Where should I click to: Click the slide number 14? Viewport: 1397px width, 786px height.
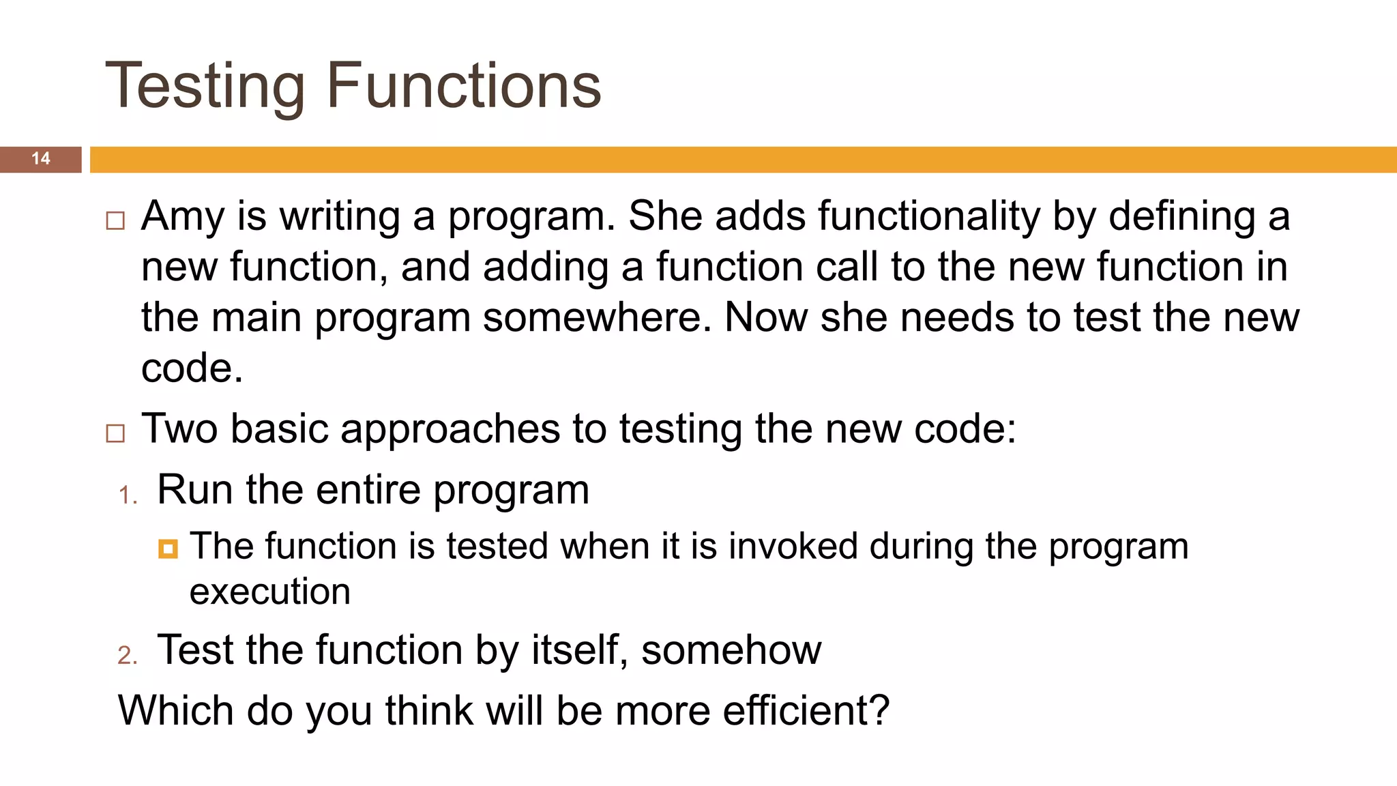(41, 158)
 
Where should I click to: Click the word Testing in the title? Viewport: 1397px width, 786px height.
(205, 87)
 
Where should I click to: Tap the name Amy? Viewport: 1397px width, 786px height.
(182, 217)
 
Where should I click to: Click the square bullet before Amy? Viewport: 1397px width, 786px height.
(115, 220)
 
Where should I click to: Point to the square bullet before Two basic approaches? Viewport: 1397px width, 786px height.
(115, 433)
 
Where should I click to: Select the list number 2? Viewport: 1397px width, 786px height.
(127, 655)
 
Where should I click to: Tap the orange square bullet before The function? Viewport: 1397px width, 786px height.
(168, 549)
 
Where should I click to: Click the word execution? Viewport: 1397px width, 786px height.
(270, 592)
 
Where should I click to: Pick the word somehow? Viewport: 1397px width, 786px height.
(731, 650)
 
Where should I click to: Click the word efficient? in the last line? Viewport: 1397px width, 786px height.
(806, 710)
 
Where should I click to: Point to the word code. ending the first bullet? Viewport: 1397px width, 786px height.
(192, 369)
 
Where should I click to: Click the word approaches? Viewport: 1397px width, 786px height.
(450, 430)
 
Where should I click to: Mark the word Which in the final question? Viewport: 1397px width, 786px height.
(176, 710)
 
